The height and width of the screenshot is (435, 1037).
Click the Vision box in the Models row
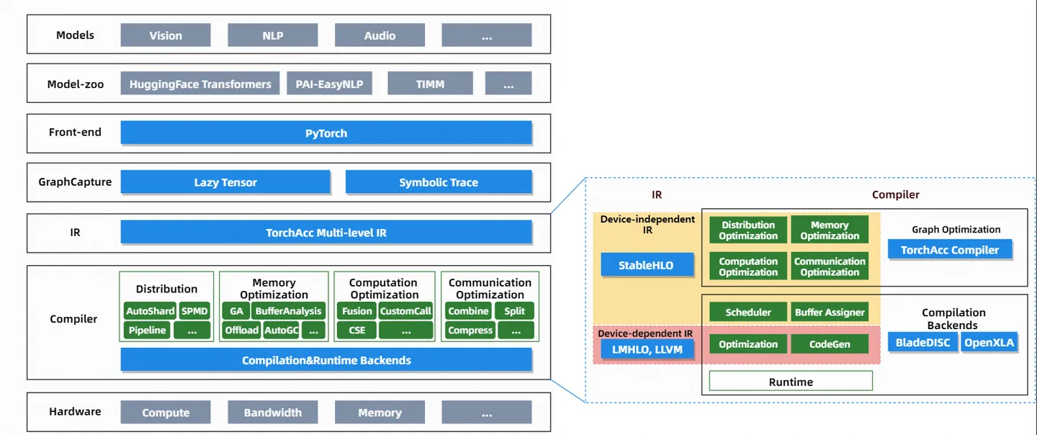[166, 35]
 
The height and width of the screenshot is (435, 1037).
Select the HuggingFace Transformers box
[200, 84]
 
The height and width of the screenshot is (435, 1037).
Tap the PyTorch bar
[326, 133]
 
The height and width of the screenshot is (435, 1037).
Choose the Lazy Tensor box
[225, 182]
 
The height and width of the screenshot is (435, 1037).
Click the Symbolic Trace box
[439, 182]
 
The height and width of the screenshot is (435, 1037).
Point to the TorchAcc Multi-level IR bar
[326, 233]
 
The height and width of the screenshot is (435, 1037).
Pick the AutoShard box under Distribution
[150, 311]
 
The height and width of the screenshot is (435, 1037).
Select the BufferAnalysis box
[288, 311]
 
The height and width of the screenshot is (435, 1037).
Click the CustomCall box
[405, 311]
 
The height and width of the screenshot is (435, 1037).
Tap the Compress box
[470, 330]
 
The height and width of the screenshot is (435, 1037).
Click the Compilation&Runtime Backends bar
[326, 360]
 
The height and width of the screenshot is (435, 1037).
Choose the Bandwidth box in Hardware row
[273, 413]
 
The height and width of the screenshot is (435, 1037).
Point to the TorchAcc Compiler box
[950, 250]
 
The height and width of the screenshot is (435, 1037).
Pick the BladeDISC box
[923, 342]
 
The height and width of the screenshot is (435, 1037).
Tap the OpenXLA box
[989, 342]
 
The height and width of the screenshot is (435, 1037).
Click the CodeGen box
[829, 344]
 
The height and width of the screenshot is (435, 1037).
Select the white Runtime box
[791, 382]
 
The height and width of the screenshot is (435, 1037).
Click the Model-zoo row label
[75, 84]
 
